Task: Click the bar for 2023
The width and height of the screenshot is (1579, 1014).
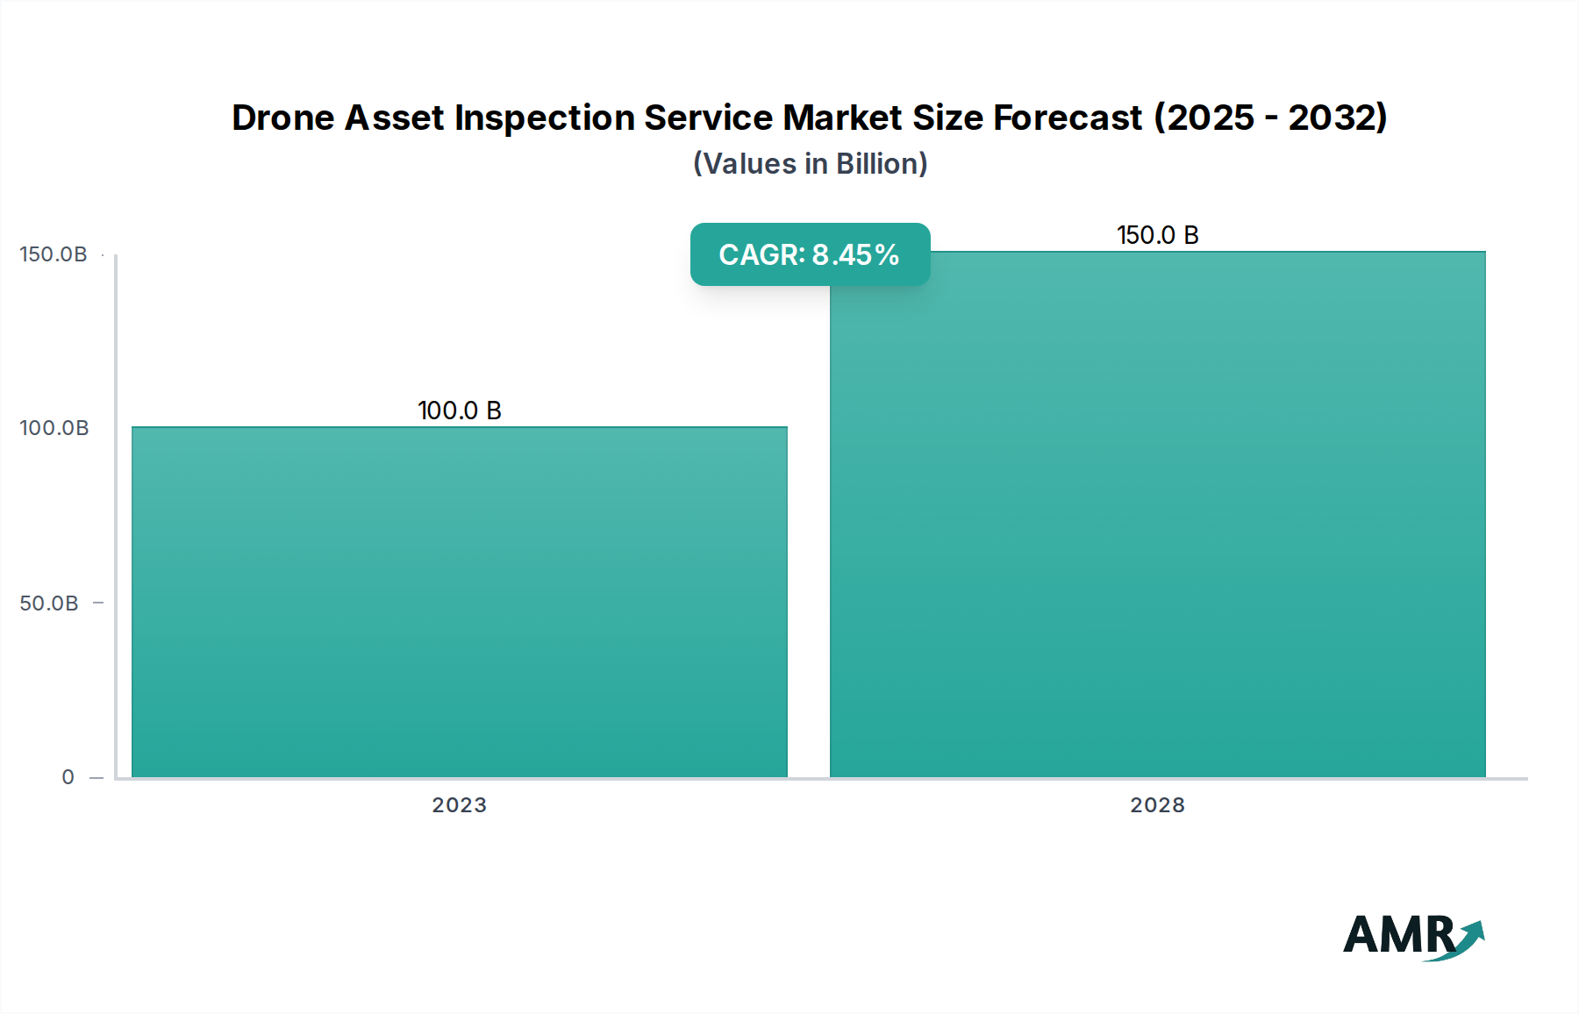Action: [459, 602]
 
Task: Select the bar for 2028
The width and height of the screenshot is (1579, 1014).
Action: [1157, 514]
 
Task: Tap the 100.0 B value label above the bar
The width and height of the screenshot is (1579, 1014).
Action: [459, 411]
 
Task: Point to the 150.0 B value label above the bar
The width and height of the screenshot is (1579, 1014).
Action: [1157, 235]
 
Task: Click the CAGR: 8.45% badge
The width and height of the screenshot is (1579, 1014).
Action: [810, 254]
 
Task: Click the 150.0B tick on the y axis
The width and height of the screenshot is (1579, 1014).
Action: [54, 254]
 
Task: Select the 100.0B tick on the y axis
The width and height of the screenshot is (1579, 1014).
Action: [54, 428]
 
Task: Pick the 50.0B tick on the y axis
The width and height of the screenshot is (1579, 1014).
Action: [49, 603]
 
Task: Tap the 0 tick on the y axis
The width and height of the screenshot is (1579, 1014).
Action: [68, 777]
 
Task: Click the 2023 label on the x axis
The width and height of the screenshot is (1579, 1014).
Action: [459, 805]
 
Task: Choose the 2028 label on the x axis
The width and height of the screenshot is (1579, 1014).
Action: [1157, 805]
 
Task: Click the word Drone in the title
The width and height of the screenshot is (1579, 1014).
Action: [282, 118]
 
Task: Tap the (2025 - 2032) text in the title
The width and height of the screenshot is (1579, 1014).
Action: [1270, 118]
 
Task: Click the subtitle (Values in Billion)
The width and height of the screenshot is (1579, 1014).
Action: [810, 164]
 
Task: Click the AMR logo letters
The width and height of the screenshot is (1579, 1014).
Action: [1398, 935]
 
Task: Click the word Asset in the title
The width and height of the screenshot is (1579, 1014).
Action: [394, 118]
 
